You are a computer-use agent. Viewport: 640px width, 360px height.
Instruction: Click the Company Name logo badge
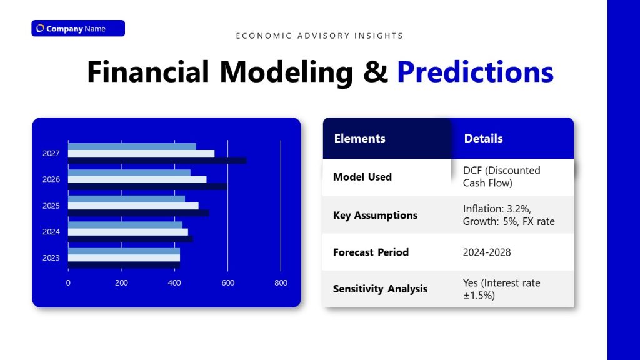click(78, 28)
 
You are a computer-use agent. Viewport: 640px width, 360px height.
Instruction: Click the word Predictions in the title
click(475, 72)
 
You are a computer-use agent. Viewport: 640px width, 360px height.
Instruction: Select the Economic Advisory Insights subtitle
click(319, 36)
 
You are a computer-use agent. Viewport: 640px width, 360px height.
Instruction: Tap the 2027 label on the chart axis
click(51, 153)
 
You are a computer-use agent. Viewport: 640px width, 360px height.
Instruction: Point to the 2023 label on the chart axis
click(51, 257)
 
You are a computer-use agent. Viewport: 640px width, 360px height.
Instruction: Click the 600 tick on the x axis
click(227, 282)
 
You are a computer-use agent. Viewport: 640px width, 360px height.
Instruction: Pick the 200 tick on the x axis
click(121, 282)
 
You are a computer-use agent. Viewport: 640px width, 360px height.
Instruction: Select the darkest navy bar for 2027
click(156, 161)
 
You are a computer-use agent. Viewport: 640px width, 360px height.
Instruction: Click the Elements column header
click(359, 139)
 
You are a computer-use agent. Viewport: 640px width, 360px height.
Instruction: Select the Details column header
click(483, 139)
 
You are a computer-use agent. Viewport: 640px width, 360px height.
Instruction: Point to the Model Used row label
click(362, 177)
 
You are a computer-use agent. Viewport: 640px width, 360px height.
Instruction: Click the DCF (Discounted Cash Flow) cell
click(501, 176)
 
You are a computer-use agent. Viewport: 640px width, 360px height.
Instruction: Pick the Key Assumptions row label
click(375, 215)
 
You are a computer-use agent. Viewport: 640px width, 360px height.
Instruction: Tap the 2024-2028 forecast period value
click(487, 252)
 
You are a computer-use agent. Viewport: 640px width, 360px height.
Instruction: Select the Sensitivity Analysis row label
click(380, 289)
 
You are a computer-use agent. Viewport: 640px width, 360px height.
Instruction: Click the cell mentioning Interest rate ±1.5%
click(501, 289)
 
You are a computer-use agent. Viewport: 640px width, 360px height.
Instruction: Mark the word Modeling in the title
click(286, 72)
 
